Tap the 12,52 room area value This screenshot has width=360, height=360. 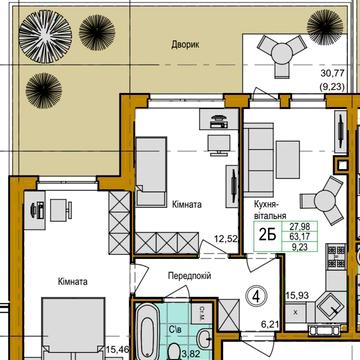[x=223, y=237]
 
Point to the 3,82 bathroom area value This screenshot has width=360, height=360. [x=176, y=352]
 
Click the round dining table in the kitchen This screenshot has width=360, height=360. [x=327, y=194]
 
